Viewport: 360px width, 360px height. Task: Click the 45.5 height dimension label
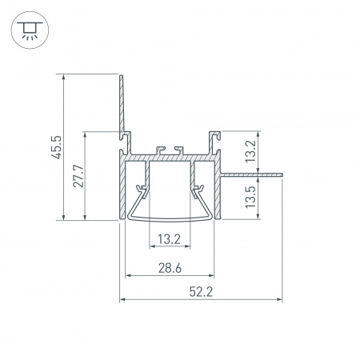[x=57, y=147]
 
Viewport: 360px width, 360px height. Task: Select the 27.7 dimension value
[x=78, y=176]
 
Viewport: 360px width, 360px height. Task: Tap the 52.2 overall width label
[x=201, y=291]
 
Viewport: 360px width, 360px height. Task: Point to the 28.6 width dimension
[x=170, y=268]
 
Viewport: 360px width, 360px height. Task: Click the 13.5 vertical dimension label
[x=250, y=198]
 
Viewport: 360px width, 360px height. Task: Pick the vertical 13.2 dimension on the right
[x=250, y=151]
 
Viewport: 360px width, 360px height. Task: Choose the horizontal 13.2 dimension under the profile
[x=169, y=239]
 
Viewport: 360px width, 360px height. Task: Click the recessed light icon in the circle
[x=30, y=30]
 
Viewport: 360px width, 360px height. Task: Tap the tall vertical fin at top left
[x=122, y=106]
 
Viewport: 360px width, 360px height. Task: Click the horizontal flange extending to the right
[x=251, y=175]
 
